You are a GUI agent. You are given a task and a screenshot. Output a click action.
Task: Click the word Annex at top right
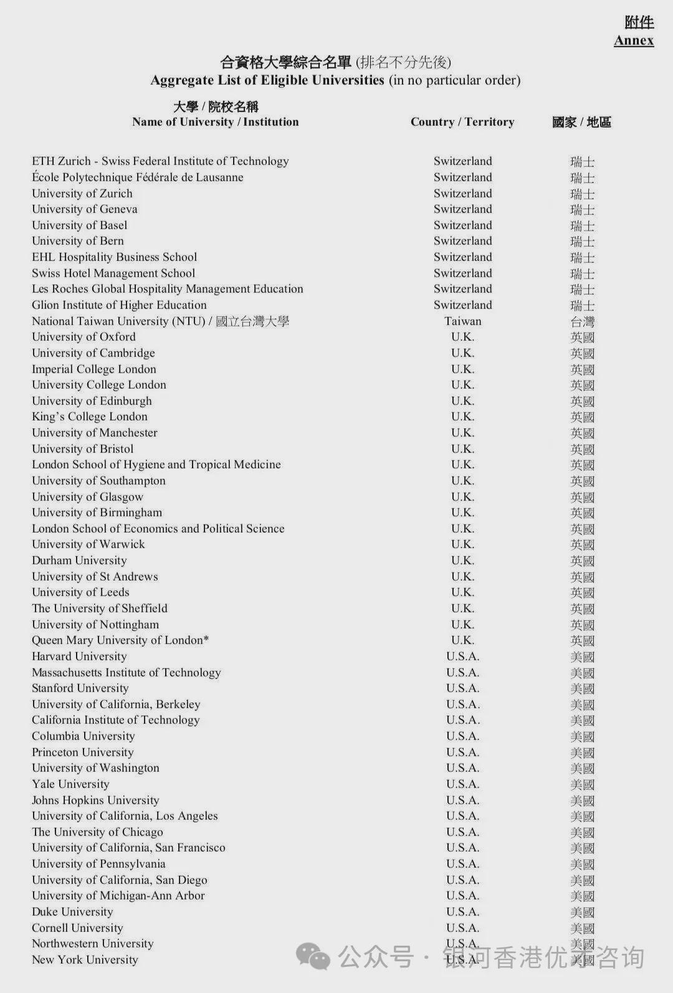634,40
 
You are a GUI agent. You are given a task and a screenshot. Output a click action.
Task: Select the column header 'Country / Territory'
462,122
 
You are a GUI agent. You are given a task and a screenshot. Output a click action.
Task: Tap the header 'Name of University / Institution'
215,122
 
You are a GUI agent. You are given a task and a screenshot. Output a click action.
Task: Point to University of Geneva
85,209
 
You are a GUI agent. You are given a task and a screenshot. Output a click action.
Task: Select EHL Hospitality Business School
115,257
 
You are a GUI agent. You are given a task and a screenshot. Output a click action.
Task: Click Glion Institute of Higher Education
119,305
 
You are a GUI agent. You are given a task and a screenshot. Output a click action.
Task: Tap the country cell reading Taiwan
462,321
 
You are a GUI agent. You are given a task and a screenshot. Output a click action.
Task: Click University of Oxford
84,337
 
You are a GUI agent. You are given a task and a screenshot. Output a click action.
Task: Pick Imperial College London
94,369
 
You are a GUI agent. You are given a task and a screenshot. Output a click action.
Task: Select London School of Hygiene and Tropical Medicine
156,465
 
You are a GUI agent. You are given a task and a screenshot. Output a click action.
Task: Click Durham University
79,561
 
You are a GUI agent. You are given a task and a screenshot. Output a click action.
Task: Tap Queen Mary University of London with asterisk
120,640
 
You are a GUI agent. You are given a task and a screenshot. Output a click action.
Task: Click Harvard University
79,657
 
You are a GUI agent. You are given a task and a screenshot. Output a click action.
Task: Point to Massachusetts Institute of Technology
126,673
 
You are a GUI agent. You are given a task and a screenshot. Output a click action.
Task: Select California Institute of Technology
116,720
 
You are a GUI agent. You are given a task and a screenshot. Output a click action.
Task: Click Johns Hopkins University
95,801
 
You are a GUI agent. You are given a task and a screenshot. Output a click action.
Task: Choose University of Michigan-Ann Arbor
118,896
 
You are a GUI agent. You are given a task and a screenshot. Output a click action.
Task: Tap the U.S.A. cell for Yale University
462,784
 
